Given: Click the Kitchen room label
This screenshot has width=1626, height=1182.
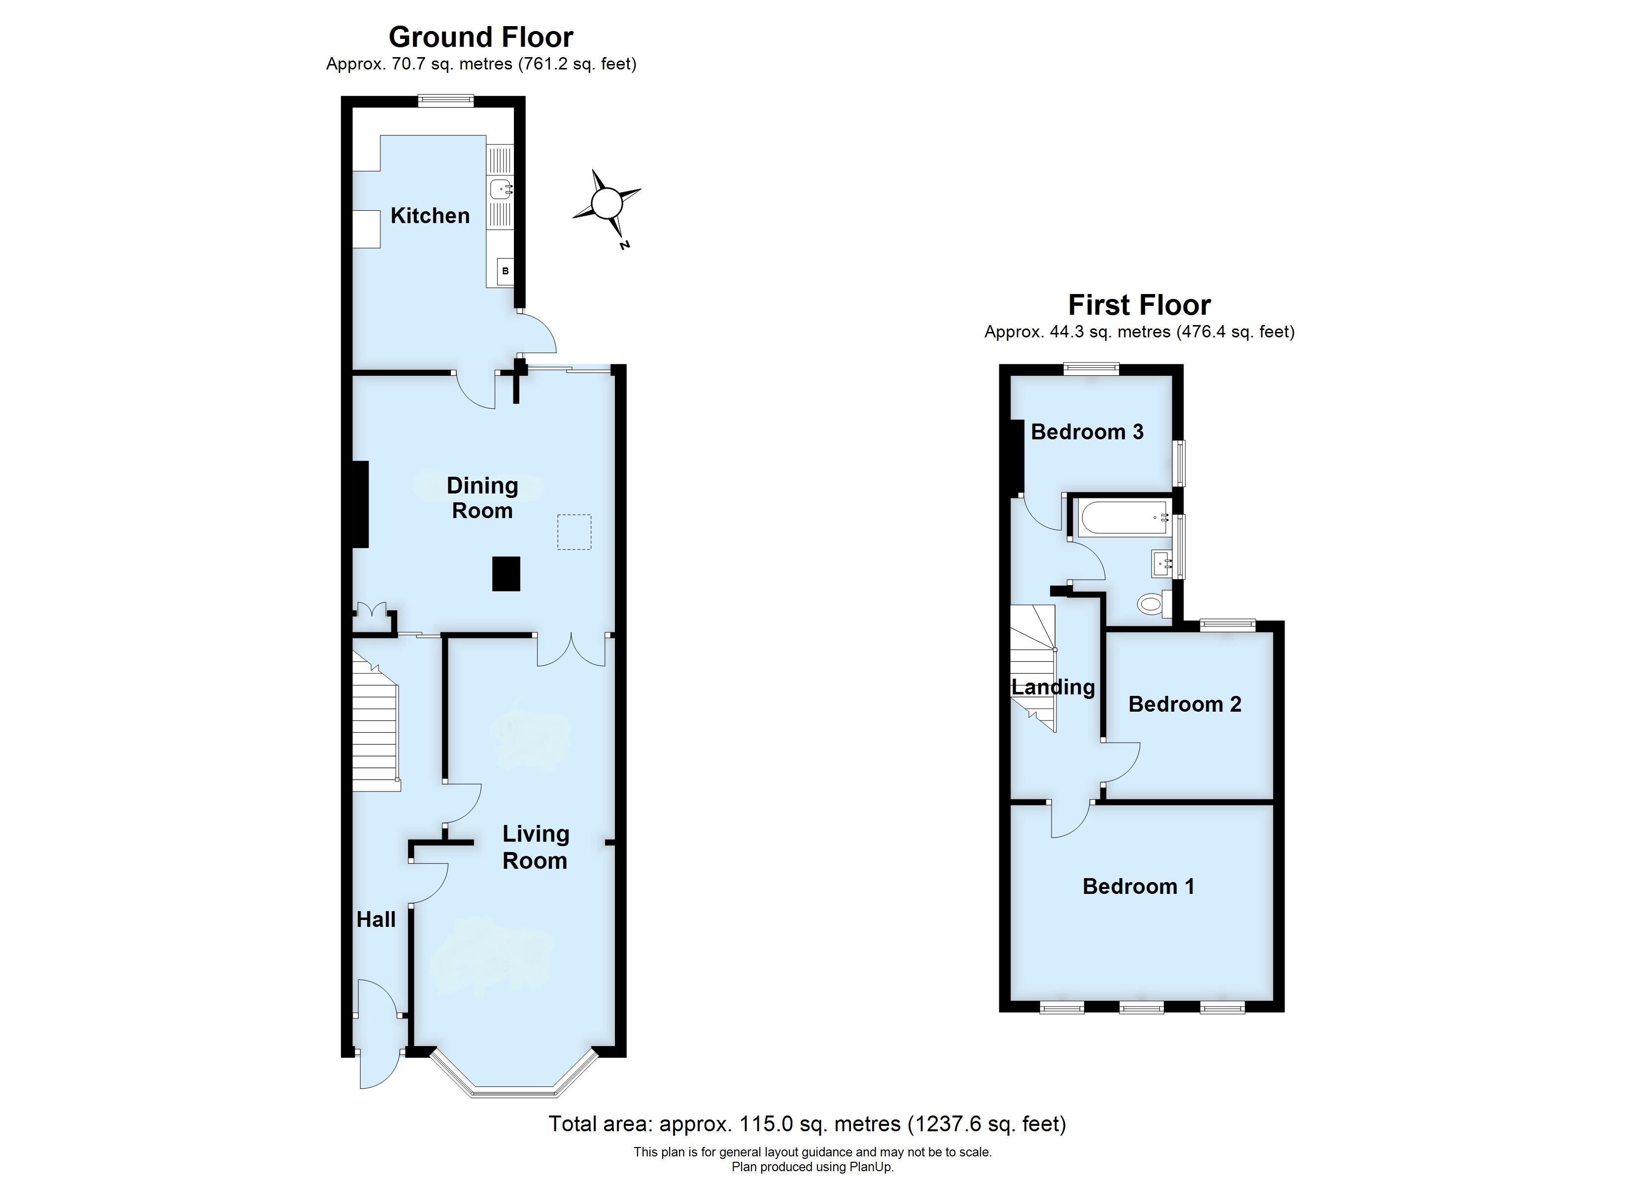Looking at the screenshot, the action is (430, 215).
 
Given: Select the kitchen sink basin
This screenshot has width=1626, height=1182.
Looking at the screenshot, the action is (501, 189).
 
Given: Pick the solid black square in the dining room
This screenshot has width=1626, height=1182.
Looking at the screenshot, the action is (506, 573).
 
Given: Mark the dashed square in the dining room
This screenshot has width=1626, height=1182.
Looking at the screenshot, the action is (574, 532).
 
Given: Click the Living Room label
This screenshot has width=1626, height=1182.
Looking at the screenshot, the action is (536, 847).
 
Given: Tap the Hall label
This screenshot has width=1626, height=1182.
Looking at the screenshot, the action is (375, 919).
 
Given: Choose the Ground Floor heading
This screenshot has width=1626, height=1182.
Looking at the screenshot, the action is (481, 36).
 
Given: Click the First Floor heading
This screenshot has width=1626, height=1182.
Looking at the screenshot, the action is (1139, 305).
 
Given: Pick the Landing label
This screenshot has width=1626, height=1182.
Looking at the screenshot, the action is (1053, 688).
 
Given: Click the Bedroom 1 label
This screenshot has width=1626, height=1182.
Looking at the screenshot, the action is (1139, 886).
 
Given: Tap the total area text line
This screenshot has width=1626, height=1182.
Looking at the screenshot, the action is (807, 1123).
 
